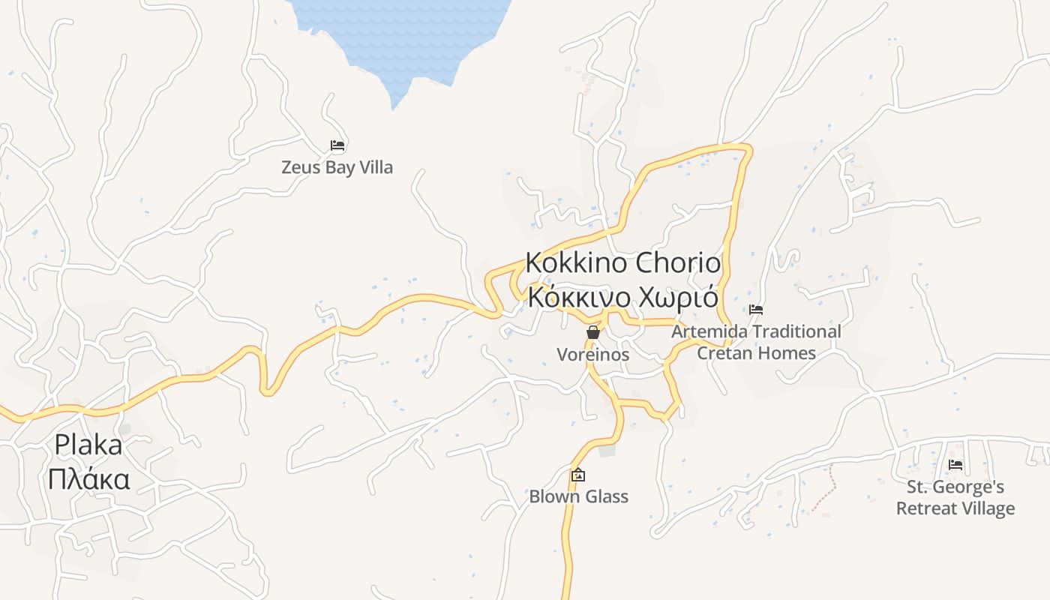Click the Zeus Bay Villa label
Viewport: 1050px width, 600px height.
(337, 167)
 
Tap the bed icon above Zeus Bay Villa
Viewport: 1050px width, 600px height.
(337, 145)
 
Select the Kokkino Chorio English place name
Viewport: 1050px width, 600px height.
(622, 263)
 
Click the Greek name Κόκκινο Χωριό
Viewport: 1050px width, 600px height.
(622, 297)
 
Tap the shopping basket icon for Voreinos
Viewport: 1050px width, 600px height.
(593, 332)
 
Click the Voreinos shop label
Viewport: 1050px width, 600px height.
(592, 355)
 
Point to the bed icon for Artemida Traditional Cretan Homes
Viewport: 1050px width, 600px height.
(756, 309)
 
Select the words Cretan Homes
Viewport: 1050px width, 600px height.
(756, 352)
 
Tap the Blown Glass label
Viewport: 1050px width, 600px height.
(578, 496)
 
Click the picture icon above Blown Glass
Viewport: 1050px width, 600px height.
(578, 475)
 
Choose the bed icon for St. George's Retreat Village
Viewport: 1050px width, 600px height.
(955, 465)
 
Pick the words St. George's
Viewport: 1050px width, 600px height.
(955, 487)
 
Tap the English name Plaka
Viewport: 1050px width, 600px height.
(88, 445)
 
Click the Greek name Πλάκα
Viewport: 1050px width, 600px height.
(88, 478)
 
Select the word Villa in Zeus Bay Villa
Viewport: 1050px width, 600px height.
(376, 167)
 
